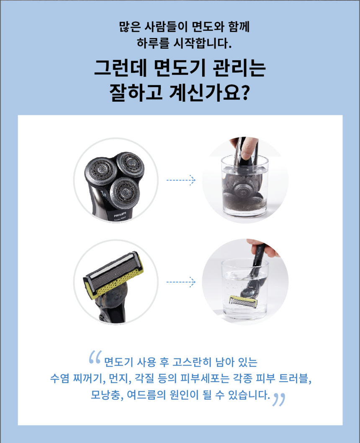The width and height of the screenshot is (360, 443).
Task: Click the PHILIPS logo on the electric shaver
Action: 116,213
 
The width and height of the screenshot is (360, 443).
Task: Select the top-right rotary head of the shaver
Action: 131,164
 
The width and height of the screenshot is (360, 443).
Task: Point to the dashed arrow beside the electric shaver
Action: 181,180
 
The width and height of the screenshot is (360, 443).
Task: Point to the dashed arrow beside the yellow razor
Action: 181,282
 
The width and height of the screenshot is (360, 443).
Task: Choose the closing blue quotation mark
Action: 278,399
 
